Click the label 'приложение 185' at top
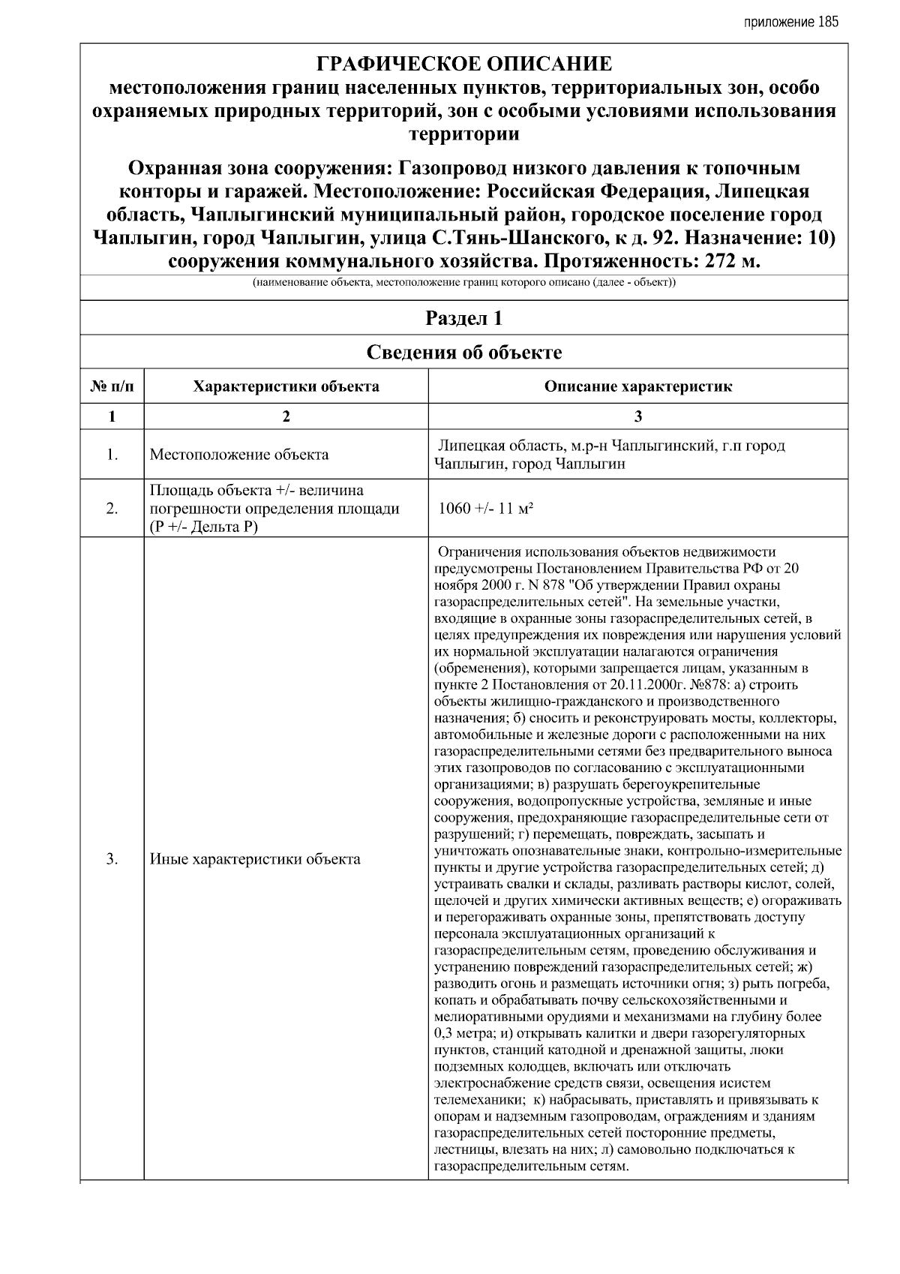click(x=790, y=22)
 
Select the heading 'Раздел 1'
click(x=463, y=318)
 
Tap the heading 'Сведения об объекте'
click(x=463, y=352)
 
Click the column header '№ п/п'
click(x=112, y=386)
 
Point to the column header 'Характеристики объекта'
click(x=286, y=386)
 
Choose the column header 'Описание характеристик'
click(x=637, y=386)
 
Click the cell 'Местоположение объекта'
click(x=238, y=455)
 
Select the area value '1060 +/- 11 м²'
click(x=485, y=509)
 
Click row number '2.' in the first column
click(x=112, y=509)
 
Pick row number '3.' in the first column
click(x=112, y=860)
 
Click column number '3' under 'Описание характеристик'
click(x=637, y=416)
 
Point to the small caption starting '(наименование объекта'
click(x=463, y=284)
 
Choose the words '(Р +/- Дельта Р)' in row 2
click(x=203, y=526)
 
